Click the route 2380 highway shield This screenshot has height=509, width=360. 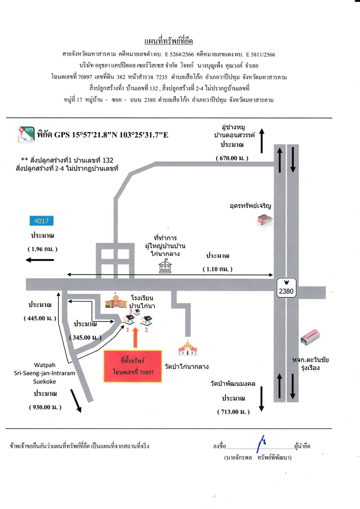[286, 287]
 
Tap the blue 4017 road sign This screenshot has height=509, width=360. [42, 221]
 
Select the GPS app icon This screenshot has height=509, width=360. [26, 135]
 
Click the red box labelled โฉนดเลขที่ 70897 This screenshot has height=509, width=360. [133, 366]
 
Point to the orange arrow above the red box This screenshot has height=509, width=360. [135, 338]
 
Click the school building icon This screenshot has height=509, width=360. [116, 300]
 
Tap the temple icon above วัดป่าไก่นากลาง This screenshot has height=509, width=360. [188, 348]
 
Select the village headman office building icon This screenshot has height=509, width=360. [165, 266]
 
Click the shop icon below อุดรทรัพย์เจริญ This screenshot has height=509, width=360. [265, 220]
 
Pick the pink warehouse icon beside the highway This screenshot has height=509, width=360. [310, 337]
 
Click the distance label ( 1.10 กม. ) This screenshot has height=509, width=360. [217, 269]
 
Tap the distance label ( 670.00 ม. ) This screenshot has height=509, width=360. [232, 158]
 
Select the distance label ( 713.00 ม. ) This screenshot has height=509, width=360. [233, 412]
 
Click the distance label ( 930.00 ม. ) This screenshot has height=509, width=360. [45, 407]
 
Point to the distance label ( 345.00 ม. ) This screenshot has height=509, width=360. [85, 338]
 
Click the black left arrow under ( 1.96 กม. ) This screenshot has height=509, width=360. [40, 260]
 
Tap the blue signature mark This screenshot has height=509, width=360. [261, 444]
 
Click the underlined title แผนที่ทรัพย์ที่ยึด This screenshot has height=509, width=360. [168, 41]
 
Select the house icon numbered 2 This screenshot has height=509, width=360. [147, 320]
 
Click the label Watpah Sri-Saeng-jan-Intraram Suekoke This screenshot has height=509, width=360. [45, 374]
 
